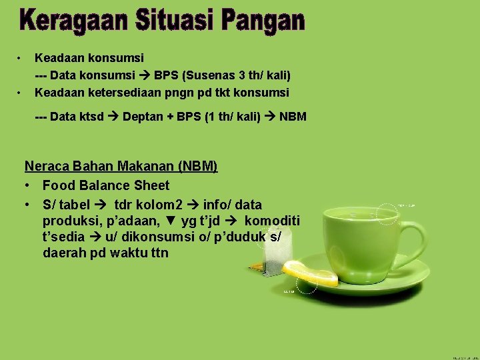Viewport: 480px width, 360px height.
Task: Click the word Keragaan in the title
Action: tap(69, 21)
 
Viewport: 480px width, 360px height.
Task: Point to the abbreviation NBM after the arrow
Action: tap(293, 117)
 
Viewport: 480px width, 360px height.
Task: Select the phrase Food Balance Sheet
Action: tap(106, 185)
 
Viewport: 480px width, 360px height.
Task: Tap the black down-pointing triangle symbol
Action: tap(172, 221)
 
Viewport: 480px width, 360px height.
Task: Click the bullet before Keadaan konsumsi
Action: tap(21, 58)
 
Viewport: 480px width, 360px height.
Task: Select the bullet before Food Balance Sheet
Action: tap(29, 185)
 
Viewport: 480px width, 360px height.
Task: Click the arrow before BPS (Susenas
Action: tap(153, 75)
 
